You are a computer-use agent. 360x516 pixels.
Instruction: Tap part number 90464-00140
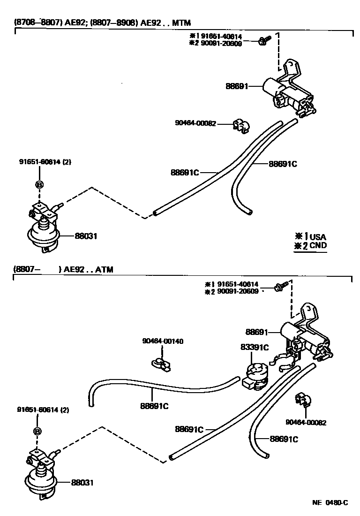(163, 341)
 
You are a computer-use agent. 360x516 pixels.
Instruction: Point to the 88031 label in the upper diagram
(86, 236)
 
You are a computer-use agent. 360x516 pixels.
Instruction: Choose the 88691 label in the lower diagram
(256, 332)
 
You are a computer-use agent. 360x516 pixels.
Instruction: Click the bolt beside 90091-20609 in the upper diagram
(262, 42)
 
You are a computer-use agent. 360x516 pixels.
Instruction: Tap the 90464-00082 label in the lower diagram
(306, 422)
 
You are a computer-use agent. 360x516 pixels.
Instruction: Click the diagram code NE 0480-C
(330, 503)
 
